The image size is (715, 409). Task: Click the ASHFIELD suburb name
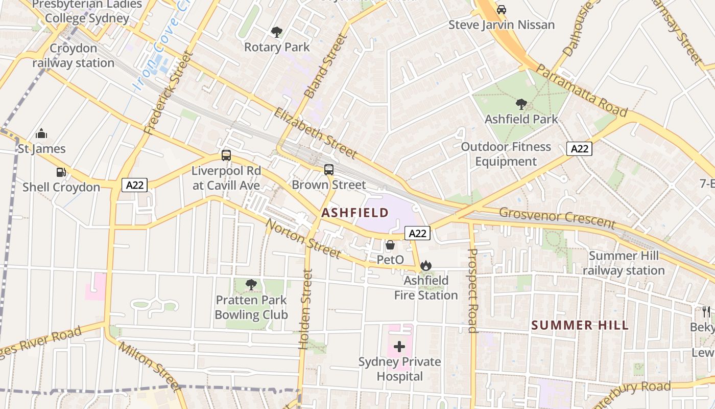click(355, 213)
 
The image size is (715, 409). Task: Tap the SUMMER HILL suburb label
click(580, 325)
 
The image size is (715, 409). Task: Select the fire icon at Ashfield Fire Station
click(426, 265)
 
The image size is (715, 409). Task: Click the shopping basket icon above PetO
click(390, 245)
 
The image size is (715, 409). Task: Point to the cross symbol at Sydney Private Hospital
click(399, 347)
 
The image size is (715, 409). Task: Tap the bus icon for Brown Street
click(329, 169)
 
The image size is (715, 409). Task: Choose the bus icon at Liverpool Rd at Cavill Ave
click(226, 155)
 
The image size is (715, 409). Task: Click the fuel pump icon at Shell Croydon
click(61, 172)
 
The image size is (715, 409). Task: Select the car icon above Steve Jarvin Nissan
click(502, 10)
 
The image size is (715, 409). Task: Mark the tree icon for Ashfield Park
click(521, 104)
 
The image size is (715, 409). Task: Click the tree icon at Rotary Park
click(277, 32)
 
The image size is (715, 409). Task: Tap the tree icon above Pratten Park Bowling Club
click(251, 285)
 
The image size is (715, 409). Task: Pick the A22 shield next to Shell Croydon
click(135, 185)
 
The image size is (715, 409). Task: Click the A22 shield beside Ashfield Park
click(579, 149)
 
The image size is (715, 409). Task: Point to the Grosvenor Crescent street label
click(557, 218)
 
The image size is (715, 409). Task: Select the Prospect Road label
click(472, 290)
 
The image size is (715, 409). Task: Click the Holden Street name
click(305, 309)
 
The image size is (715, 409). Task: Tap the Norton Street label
click(302, 239)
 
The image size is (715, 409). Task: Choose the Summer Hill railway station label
click(624, 263)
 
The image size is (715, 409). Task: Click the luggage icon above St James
click(41, 134)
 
